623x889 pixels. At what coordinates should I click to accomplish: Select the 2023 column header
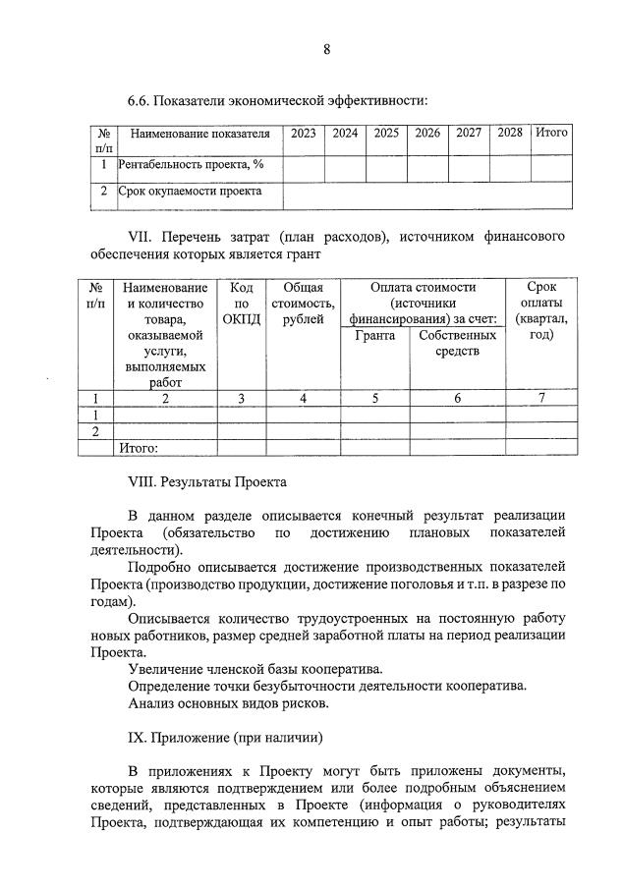tap(304, 133)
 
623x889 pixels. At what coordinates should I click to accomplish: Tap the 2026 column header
tap(426, 133)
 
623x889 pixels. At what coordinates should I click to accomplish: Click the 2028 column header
tap(509, 133)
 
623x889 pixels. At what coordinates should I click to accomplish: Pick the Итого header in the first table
tap(550, 133)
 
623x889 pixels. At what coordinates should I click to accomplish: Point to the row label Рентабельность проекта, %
tap(183, 164)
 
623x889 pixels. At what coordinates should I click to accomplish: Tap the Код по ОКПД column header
tap(241, 304)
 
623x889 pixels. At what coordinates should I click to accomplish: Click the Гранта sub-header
tap(374, 336)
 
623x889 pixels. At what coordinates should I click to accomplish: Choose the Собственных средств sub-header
tap(457, 344)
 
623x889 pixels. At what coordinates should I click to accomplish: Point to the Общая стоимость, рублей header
tap(303, 304)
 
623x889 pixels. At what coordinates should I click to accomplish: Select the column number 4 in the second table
tap(303, 398)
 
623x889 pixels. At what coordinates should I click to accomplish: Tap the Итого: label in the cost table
tap(139, 448)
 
